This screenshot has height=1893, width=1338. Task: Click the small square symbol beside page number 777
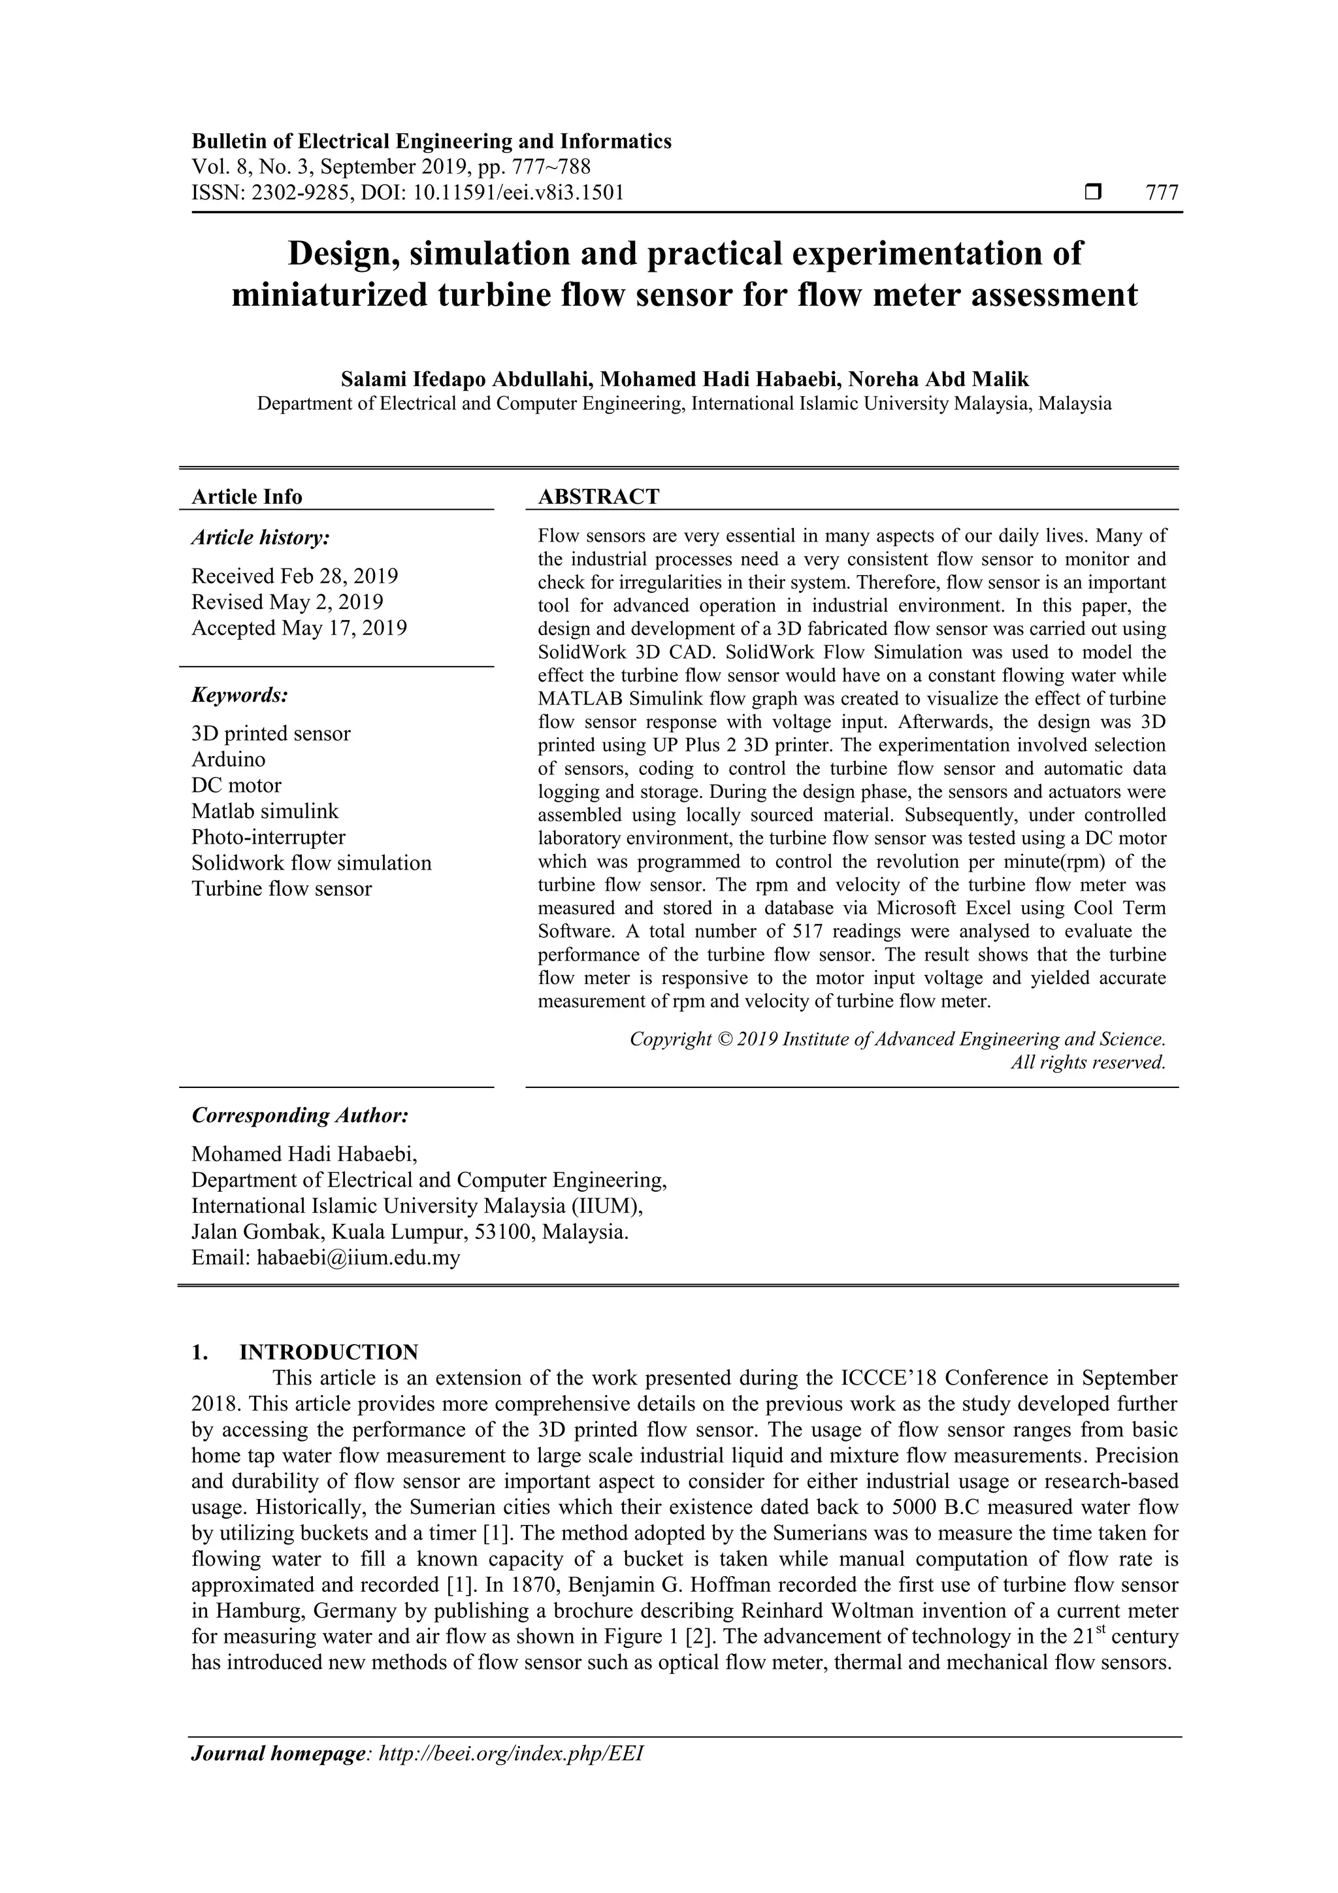[x=1093, y=193]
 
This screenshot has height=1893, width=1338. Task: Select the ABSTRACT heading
[x=598, y=497]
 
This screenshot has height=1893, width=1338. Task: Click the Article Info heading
[x=246, y=497]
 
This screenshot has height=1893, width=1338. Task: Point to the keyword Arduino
[x=229, y=759]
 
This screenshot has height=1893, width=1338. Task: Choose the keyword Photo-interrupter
[x=268, y=837]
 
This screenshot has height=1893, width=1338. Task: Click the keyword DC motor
[x=236, y=785]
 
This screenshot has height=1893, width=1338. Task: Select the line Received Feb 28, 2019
[x=294, y=576]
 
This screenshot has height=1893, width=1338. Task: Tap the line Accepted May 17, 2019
[x=299, y=627]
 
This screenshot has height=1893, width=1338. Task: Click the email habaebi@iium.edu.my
[x=358, y=1257]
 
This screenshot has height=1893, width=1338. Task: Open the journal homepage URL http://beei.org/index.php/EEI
[x=510, y=1776]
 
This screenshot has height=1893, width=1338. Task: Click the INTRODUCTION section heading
[x=328, y=1352]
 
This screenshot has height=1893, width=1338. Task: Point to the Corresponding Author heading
[x=299, y=1115]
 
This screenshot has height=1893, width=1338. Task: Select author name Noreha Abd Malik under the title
[x=938, y=379]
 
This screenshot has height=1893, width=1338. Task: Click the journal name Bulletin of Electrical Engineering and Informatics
[x=431, y=141]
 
